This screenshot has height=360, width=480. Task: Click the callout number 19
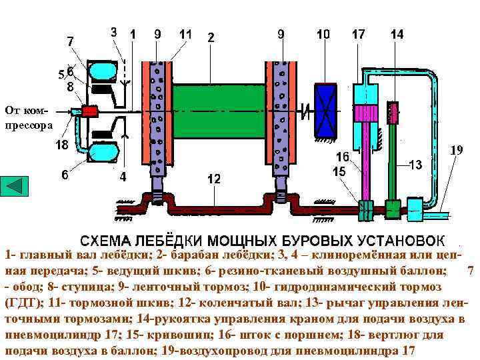pyautogui.click(x=456, y=151)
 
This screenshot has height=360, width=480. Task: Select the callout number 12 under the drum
pyautogui.click(x=214, y=179)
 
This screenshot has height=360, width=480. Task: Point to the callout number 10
pyautogui.click(x=323, y=33)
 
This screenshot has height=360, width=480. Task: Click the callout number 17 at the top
pyautogui.click(x=359, y=33)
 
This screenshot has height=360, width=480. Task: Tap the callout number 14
pyautogui.click(x=397, y=33)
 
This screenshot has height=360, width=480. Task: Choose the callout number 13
pyautogui.click(x=415, y=165)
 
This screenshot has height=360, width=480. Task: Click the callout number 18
pyautogui.click(x=62, y=145)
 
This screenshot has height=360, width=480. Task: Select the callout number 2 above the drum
pyautogui.click(x=211, y=38)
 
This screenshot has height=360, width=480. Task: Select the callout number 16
pyautogui.click(x=342, y=157)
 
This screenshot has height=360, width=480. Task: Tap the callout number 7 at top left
pyautogui.click(x=71, y=41)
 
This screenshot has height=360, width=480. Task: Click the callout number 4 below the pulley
pyautogui.click(x=123, y=177)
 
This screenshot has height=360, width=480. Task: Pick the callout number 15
pyautogui.click(x=340, y=171)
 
